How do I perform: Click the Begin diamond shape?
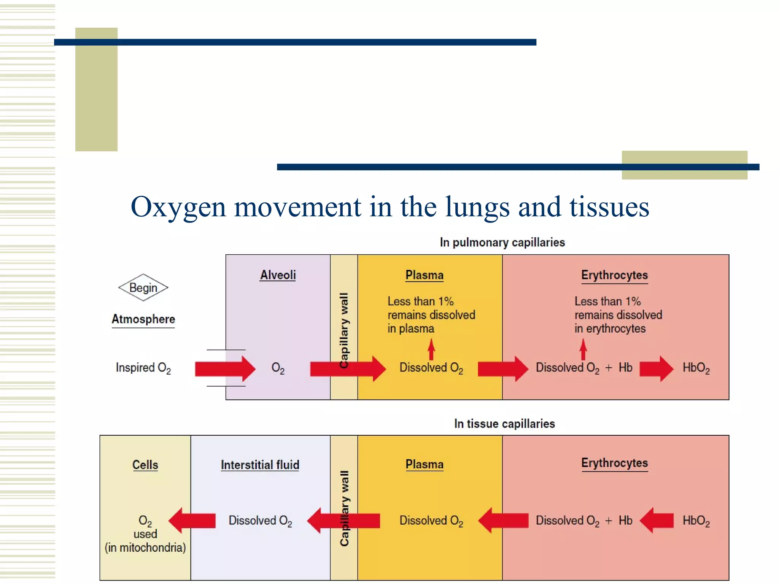tap(143, 287)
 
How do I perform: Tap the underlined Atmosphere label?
tap(143, 319)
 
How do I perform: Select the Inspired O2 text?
tap(143, 368)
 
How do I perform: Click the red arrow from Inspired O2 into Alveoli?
tap(225, 368)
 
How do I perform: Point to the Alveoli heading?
tap(278, 275)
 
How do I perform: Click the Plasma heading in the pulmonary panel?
tap(424, 275)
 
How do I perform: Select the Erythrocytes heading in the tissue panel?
tap(614, 463)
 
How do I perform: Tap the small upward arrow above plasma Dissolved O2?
tap(431, 349)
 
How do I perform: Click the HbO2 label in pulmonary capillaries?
tap(696, 368)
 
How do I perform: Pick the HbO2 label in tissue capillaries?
tap(696, 521)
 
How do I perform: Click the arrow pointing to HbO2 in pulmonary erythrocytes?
tap(656, 368)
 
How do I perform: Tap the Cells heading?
tap(145, 465)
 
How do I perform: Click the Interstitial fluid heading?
tap(260, 465)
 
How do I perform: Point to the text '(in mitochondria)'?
tap(145, 547)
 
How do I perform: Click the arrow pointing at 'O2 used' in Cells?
tap(192, 520)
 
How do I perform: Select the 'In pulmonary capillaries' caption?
tap(502, 242)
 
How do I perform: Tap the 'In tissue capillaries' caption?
tap(504, 424)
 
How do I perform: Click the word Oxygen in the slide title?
tap(178, 208)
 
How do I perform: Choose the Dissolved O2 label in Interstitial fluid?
tap(260, 521)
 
